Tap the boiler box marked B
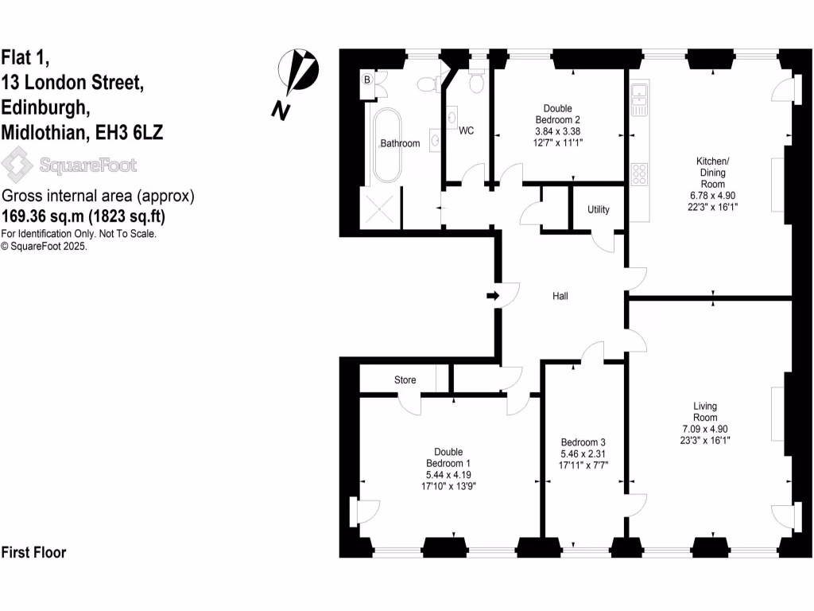367,80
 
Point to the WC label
466,130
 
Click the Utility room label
599,210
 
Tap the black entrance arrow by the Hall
493,296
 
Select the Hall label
561,296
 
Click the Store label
405,380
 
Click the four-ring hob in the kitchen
639,173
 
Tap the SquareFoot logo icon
17,165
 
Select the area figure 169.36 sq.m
45,215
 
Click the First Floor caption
33,552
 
